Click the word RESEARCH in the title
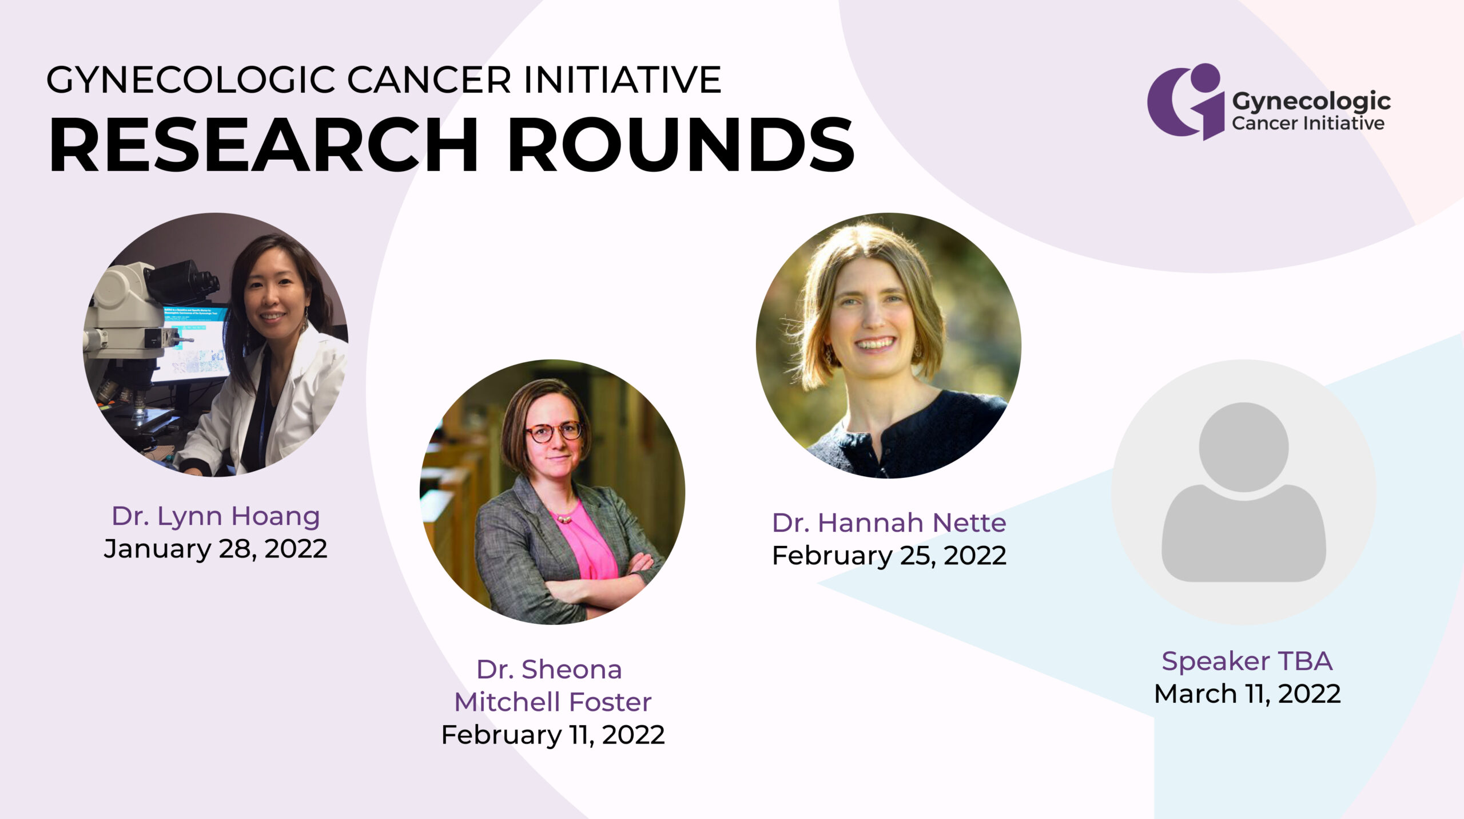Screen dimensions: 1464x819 pyautogui.click(x=264, y=144)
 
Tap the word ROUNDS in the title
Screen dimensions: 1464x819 pyautogui.click(x=681, y=144)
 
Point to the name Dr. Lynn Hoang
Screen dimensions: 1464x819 pyautogui.click(x=216, y=516)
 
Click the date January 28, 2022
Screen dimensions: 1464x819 pyautogui.click(x=216, y=548)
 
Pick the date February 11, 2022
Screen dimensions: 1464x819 pyautogui.click(x=553, y=735)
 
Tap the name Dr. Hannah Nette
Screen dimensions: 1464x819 pyautogui.click(x=889, y=523)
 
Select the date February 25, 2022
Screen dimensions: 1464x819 pyautogui.click(x=889, y=556)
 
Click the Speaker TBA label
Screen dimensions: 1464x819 pyautogui.click(x=1247, y=661)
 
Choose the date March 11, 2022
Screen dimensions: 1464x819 pyautogui.click(x=1247, y=694)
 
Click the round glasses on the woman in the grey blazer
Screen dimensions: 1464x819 pyautogui.click(x=554, y=432)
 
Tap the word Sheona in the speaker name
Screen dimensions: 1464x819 pyautogui.click(x=571, y=670)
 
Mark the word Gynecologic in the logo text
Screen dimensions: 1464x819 pyautogui.click(x=1311, y=101)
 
